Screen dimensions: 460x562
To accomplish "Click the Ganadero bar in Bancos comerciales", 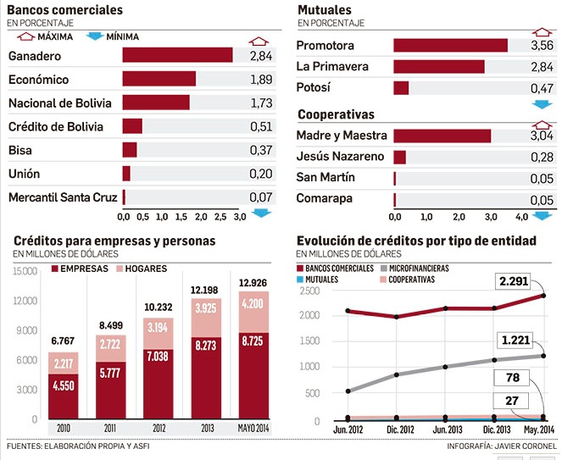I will click(x=177, y=55).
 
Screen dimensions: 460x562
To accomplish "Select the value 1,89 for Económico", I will click(x=260, y=79).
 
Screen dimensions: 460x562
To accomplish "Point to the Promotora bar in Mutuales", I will click(x=450, y=46).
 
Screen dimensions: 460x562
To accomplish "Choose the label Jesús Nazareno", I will click(x=340, y=157).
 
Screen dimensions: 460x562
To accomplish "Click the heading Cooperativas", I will click(x=336, y=114).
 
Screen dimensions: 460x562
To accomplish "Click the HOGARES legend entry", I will click(x=140, y=269).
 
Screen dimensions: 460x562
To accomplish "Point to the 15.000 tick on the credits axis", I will click(x=26, y=271).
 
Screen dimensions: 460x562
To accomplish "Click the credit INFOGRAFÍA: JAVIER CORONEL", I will click(x=501, y=445).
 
